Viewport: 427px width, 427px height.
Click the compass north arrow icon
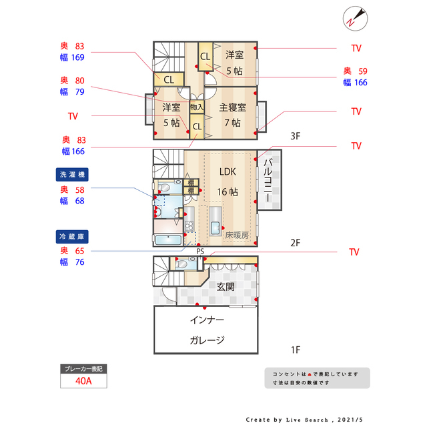[x=355, y=19]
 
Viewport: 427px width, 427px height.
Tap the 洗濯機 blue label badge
[x=72, y=175]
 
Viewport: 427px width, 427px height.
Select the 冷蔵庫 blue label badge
[x=72, y=237]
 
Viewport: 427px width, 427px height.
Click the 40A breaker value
[x=83, y=381]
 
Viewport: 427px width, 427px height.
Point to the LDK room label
[x=228, y=172]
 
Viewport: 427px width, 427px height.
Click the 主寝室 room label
[x=233, y=107]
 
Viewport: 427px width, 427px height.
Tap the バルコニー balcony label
[x=268, y=180]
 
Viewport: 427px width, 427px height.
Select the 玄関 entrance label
[x=226, y=286]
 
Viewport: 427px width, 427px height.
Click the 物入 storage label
[x=197, y=107]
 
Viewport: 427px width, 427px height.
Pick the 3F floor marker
[x=296, y=136]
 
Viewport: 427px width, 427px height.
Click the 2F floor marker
[x=296, y=243]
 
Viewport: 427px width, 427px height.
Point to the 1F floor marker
[x=296, y=350]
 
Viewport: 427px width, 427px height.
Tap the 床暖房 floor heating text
[x=237, y=235]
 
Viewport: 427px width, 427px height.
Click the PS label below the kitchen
[x=200, y=252]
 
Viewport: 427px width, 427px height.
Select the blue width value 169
[x=77, y=57]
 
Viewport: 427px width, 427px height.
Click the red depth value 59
[x=363, y=71]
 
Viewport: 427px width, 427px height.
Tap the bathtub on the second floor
[x=168, y=240]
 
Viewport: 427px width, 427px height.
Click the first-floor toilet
[x=182, y=264]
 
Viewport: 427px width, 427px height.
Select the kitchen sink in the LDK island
[x=215, y=228]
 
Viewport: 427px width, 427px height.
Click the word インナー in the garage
[x=207, y=320]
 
